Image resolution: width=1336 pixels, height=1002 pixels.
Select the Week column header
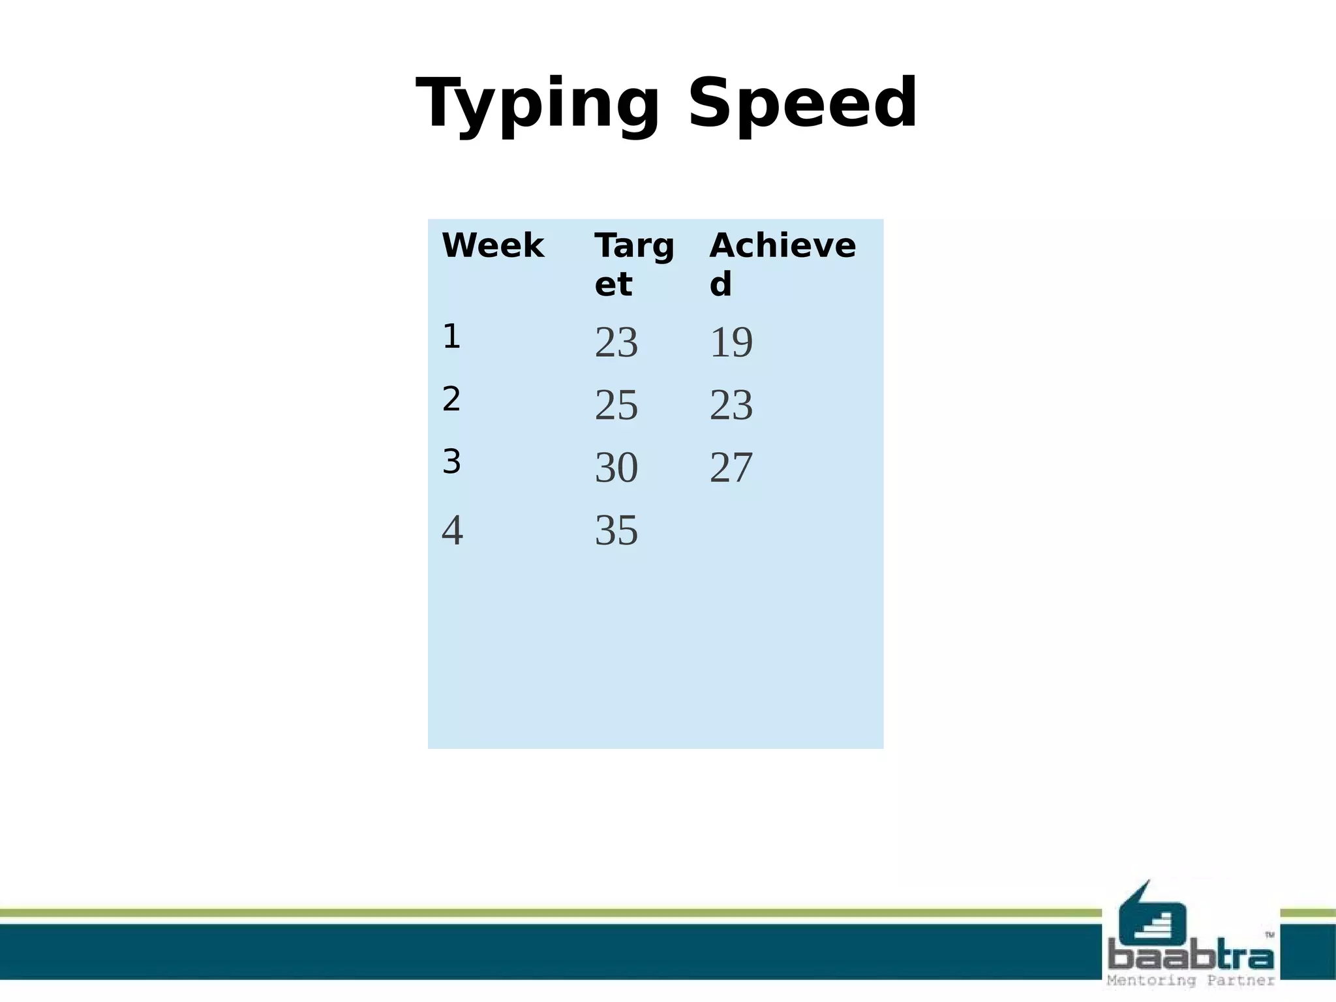pyautogui.click(x=493, y=246)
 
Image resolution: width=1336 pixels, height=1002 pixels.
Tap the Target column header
pyautogui.click(x=633, y=264)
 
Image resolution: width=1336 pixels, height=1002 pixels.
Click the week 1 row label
pyautogui.click(x=451, y=337)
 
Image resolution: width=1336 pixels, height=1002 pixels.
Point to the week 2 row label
pyautogui.click(x=451, y=399)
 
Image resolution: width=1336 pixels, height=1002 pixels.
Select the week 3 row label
pyautogui.click(x=451, y=462)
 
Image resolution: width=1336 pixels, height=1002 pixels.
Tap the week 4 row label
pyautogui.click(x=452, y=530)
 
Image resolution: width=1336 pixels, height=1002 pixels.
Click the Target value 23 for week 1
pyautogui.click(x=616, y=342)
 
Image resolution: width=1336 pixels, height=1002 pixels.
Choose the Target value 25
pyautogui.click(x=616, y=405)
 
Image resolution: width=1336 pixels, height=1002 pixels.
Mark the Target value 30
pyautogui.click(x=616, y=468)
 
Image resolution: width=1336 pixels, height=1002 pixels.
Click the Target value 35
pyautogui.click(x=616, y=530)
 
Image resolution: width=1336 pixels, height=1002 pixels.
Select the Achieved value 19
pyautogui.click(x=731, y=342)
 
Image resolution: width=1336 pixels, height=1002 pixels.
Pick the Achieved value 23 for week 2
pyautogui.click(x=731, y=405)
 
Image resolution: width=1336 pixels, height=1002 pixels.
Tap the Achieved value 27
pyautogui.click(x=731, y=468)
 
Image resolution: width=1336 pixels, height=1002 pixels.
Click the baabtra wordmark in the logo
pyautogui.click(x=1191, y=957)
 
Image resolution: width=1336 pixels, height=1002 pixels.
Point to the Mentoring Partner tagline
pyautogui.click(x=1191, y=980)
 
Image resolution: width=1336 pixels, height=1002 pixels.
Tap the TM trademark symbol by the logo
pyautogui.click(x=1269, y=935)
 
